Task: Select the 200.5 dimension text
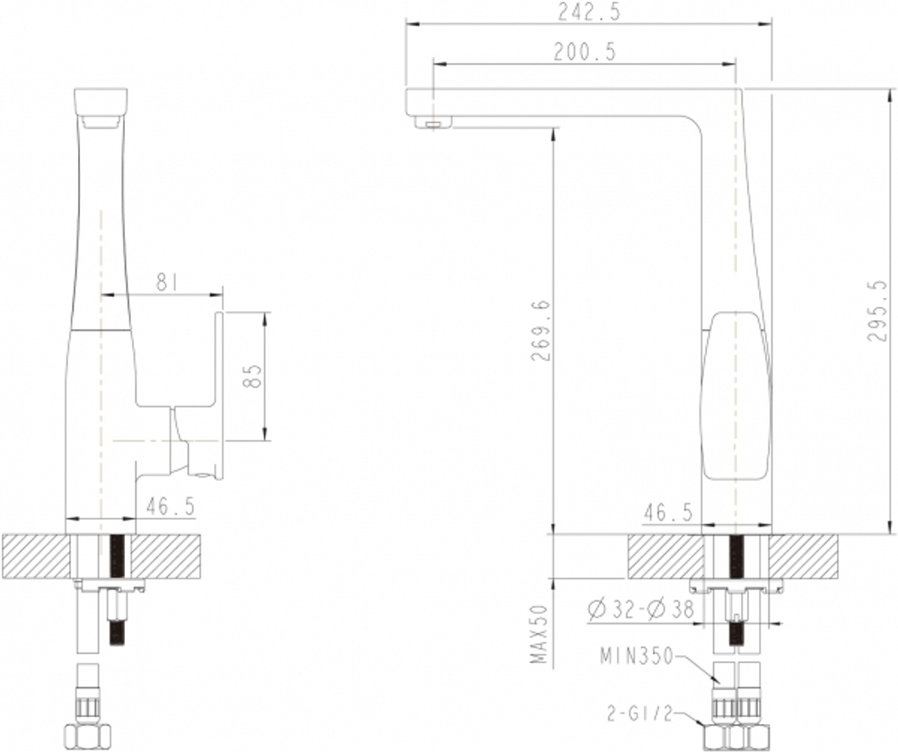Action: tap(585, 52)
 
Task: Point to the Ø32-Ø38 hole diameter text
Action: tap(640, 610)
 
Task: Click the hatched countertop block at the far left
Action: tap(34, 556)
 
